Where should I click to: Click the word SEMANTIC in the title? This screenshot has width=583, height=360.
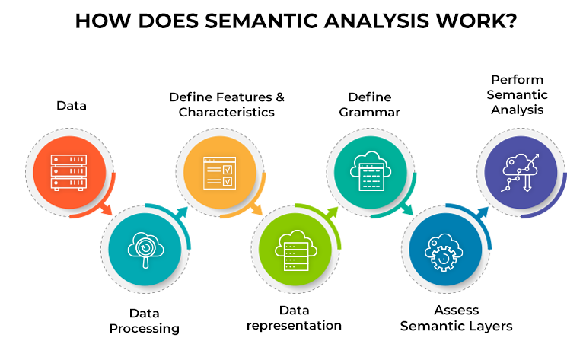point(262,21)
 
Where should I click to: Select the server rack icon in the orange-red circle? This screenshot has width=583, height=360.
point(68,173)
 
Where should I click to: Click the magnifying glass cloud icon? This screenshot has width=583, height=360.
point(145,250)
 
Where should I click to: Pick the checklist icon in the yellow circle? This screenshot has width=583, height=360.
point(219,173)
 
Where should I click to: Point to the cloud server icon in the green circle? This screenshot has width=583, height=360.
point(296,250)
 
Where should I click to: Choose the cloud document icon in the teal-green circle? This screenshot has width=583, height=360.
point(371,171)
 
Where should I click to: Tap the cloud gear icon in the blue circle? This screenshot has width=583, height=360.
point(444,252)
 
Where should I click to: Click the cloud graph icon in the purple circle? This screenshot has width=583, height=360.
point(520,173)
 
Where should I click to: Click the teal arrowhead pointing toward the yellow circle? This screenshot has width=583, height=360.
point(182,212)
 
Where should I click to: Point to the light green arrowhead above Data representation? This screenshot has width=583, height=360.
point(332,212)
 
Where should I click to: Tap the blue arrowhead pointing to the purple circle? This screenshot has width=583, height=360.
point(483,212)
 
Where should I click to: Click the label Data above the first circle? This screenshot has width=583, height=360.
point(72,106)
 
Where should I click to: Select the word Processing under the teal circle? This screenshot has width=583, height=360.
point(145,329)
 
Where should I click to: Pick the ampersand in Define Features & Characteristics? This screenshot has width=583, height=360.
point(279,97)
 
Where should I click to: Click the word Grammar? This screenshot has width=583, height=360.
point(369,113)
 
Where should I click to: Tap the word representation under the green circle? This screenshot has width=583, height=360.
point(294,326)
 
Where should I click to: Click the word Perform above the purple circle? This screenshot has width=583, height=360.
point(518,80)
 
